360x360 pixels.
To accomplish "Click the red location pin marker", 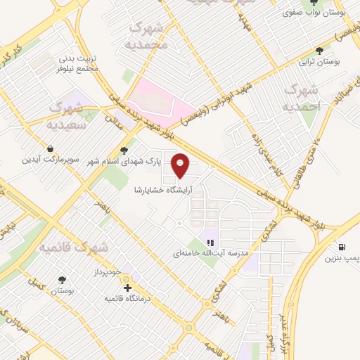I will coord(181,165).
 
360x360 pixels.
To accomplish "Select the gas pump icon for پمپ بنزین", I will coord(342,247).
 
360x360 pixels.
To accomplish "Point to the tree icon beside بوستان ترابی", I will coord(320,51).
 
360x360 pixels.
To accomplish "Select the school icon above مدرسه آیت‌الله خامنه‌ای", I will coord(210,243).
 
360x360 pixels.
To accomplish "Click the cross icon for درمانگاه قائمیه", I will coord(127,288).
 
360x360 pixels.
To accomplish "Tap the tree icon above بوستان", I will coord(63,279).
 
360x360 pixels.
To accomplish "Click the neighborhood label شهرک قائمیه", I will coord(74,247).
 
